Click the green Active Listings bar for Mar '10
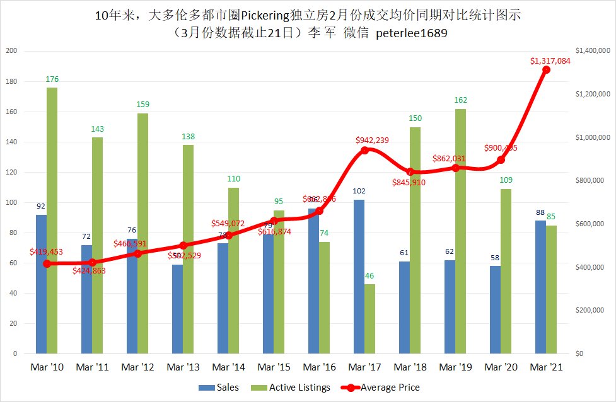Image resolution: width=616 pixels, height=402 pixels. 52,221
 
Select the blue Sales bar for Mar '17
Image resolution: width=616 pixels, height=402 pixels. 359,277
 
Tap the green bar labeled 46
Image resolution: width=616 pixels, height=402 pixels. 370,319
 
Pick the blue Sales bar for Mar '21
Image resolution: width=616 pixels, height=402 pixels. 540,287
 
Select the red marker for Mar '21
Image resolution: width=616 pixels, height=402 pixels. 546,69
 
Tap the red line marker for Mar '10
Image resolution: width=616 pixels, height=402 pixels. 47,263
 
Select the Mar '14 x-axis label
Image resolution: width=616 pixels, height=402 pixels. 228,367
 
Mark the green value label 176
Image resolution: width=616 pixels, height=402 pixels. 52,79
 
